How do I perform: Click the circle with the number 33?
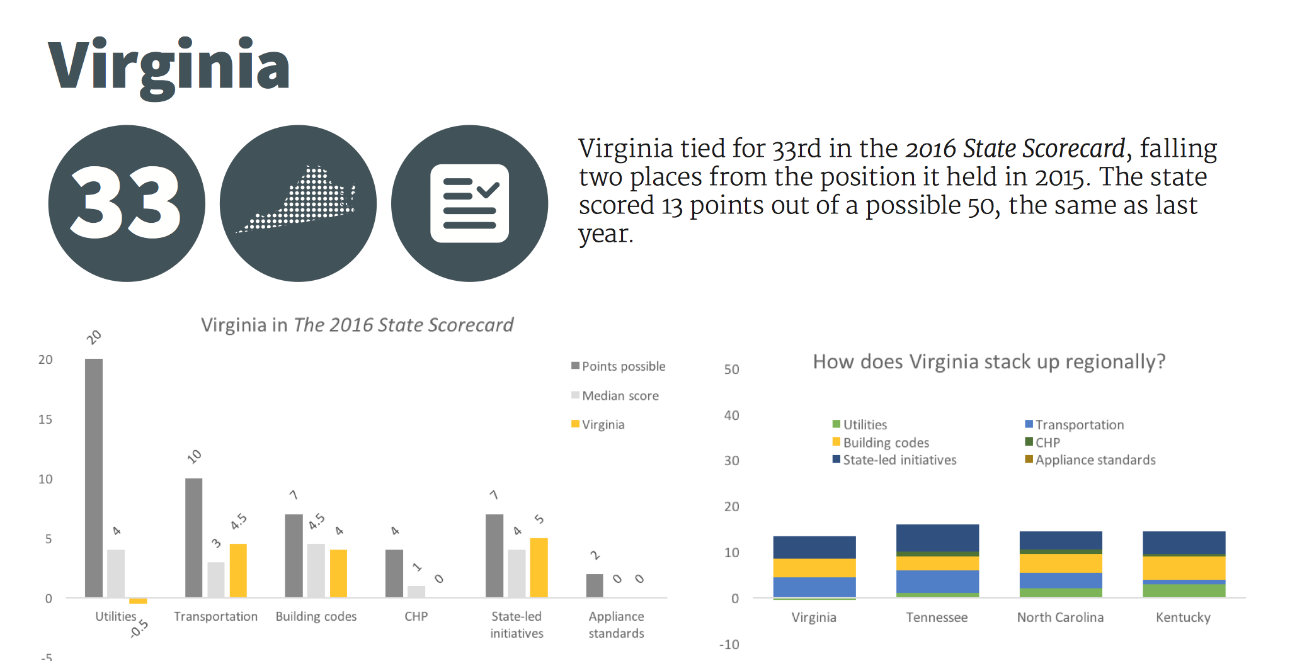coord(127,203)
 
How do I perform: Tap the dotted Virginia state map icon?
coord(298,203)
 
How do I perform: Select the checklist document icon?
coord(469,203)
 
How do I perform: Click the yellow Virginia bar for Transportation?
coord(238,570)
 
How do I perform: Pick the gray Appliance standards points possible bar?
coord(595,585)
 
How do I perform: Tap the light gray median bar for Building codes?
coord(316,570)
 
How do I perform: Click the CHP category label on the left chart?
coord(416,616)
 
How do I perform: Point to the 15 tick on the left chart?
coord(45,419)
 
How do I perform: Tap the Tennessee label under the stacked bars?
coord(937,618)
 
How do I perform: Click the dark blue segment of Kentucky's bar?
coord(1184,542)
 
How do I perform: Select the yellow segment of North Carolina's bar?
coord(1061,563)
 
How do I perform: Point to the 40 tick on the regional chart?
coord(731,415)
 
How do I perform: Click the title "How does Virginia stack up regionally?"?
coord(989,362)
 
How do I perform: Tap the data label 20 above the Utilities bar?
coord(94,337)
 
